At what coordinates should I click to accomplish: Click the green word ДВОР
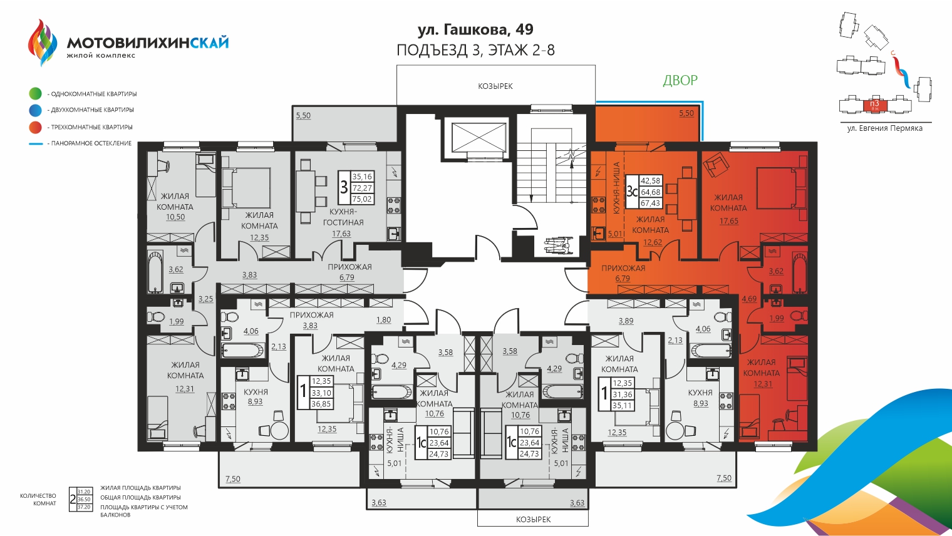(x=680, y=80)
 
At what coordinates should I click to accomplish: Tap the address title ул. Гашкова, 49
(x=475, y=29)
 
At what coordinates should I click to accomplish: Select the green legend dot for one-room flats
(x=35, y=93)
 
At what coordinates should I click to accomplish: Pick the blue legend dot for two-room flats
(x=35, y=110)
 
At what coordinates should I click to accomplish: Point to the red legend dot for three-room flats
(x=35, y=127)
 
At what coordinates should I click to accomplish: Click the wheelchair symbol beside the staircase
(x=559, y=246)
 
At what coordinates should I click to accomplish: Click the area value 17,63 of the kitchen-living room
(x=341, y=234)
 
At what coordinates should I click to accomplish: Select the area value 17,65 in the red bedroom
(x=729, y=221)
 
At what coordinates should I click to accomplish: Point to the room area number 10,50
(x=175, y=217)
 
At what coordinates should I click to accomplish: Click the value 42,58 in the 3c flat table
(x=651, y=181)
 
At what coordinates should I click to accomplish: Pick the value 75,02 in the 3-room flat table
(x=362, y=199)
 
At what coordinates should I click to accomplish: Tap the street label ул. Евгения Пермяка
(x=885, y=128)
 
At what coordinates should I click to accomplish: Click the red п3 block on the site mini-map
(x=875, y=105)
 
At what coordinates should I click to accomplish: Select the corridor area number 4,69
(x=749, y=299)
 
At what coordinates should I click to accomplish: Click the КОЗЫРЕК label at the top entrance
(x=495, y=86)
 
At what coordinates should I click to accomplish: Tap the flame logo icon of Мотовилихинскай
(x=43, y=43)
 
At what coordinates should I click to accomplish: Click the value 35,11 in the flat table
(x=623, y=406)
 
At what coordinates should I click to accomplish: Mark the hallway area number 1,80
(x=383, y=319)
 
